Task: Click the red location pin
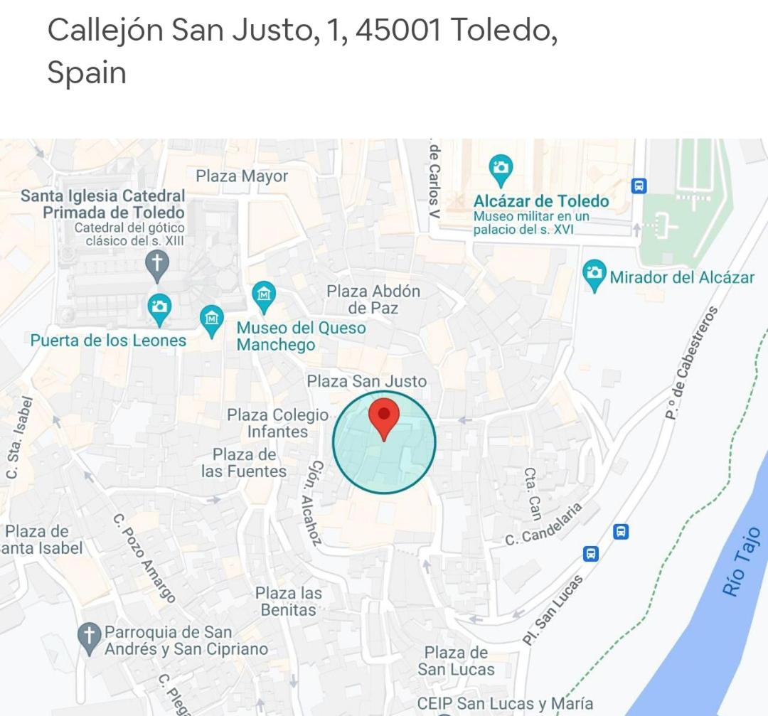(x=384, y=418)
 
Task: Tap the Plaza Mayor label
(x=242, y=176)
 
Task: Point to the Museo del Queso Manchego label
(x=301, y=336)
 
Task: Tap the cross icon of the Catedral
(x=157, y=265)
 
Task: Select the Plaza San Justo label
(x=366, y=381)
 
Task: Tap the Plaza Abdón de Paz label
(x=373, y=299)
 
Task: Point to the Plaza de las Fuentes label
(x=244, y=463)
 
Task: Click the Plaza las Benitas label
(x=288, y=602)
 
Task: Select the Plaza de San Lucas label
(x=456, y=661)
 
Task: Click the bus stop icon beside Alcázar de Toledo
(x=639, y=186)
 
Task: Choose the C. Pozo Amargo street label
(x=144, y=559)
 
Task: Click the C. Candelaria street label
(x=544, y=524)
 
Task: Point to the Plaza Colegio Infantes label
(x=277, y=423)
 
